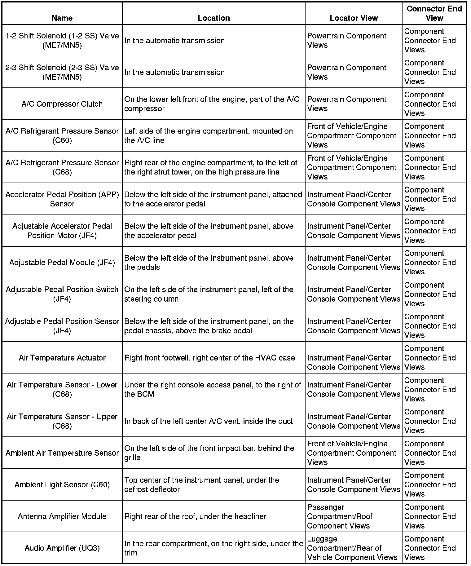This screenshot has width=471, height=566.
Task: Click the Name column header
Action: click(62, 18)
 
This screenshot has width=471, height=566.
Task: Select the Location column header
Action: click(213, 18)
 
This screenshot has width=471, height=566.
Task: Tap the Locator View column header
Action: click(354, 18)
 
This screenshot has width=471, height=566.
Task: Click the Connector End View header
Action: click(434, 13)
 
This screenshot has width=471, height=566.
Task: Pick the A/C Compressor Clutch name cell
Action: click(62, 104)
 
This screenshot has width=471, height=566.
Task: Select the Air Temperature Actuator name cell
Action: click(62, 358)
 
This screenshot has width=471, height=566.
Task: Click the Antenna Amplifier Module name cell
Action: click(62, 516)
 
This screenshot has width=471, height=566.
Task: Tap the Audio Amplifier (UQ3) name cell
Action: click(62, 548)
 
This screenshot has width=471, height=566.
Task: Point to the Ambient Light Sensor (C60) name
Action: click(62, 484)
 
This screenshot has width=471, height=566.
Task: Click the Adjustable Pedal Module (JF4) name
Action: click(62, 263)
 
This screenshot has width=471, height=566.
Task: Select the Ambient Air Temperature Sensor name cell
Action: click(62, 453)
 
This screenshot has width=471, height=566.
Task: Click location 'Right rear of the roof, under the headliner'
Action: click(195, 516)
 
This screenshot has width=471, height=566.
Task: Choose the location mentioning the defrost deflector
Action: click(202, 484)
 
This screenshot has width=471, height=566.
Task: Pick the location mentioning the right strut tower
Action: click(211, 167)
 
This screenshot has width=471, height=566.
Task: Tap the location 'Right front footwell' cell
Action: click(209, 358)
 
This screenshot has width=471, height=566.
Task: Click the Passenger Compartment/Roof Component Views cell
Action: click(340, 516)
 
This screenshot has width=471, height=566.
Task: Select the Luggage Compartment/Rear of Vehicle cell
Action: click(352, 548)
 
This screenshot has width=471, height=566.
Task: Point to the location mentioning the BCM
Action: click(213, 389)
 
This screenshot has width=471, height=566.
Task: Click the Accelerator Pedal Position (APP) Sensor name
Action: click(62, 199)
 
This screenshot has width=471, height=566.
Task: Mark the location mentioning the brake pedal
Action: click(209, 326)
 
